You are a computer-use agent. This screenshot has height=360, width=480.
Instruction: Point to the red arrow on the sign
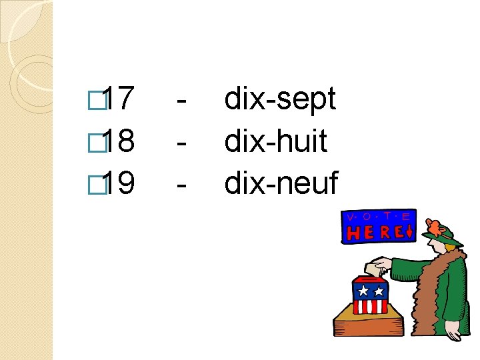(x=408, y=232)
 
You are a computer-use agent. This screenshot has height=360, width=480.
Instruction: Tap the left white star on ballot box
(x=363, y=291)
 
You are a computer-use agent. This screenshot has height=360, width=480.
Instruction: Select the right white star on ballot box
(x=379, y=291)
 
